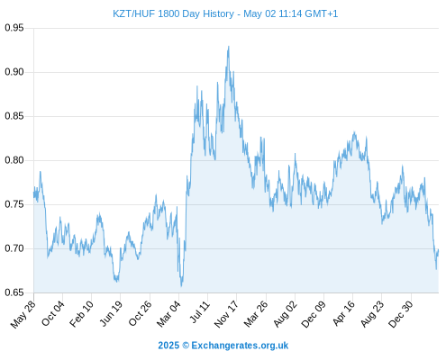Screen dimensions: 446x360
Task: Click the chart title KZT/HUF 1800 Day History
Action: tap(173, 13)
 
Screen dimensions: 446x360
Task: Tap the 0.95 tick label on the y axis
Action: tap(14, 28)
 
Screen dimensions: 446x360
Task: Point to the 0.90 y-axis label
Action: tap(14, 72)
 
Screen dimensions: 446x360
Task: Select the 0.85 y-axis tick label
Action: tap(14, 116)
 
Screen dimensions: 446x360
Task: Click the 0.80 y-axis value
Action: tap(14, 160)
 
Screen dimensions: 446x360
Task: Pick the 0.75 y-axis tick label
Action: tap(14, 204)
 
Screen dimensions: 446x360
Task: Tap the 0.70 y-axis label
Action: tap(14, 248)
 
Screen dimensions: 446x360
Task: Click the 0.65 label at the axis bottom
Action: tap(14, 292)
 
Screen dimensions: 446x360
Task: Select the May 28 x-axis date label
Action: tap(23, 314)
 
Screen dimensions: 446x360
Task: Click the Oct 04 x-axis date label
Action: tap(53, 313)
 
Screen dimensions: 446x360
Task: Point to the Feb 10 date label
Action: tap(81, 313)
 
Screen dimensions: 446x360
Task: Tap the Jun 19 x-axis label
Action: tap(111, 313)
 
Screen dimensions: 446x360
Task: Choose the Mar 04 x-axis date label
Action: tap(168, 313)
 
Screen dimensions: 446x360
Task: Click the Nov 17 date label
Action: tap(226, 314)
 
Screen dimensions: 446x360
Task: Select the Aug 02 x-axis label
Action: tap(285, 314)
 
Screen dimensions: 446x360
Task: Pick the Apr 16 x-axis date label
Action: tap(343, 313)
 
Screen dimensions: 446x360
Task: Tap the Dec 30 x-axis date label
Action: tap(400, 314)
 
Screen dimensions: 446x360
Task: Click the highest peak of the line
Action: tap(229, 46)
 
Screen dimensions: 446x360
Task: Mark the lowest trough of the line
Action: tap(181, 286)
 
